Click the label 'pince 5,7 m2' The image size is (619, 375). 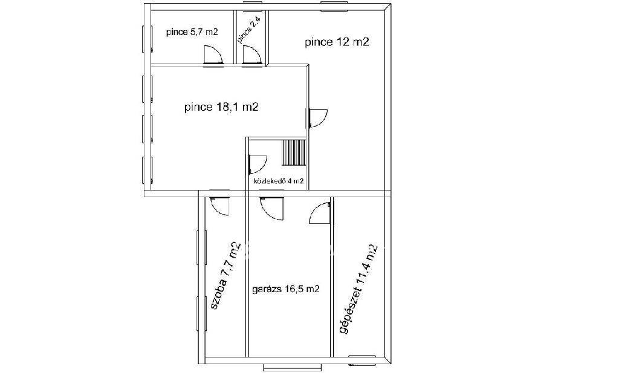[192, 33]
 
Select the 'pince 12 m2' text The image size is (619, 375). [337, 42]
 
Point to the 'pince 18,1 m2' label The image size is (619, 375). [221, 106]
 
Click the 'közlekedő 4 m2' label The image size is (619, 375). [279, 181]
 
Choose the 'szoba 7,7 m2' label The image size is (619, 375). [225, 275]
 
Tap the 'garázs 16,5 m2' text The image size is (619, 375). [285, 289]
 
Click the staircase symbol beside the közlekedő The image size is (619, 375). [294, 152]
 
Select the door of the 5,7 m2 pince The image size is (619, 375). [213, 55]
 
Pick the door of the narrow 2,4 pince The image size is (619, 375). [253, 55]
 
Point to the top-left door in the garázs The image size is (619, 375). [271, 208]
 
